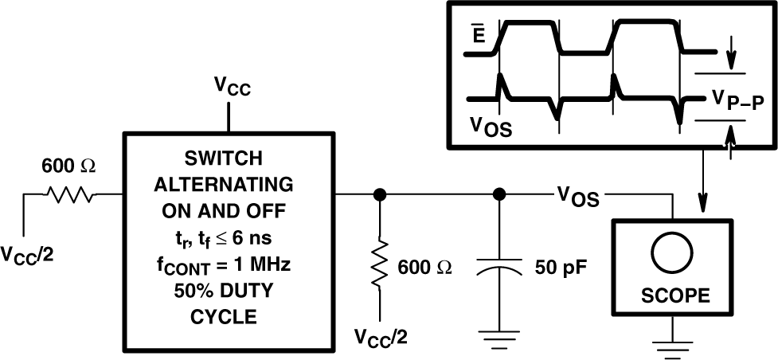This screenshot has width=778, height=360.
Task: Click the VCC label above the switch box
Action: point(233,87)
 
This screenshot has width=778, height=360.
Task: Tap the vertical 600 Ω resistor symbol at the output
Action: point(380,262)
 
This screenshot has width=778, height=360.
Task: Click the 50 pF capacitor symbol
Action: point(499,270)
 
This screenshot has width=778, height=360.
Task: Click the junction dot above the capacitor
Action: point(499,194)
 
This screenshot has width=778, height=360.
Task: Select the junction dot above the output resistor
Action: point(380,194)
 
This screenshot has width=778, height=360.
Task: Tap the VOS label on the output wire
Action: point(577,196)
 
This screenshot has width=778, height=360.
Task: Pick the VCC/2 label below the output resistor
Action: point(380,338)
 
